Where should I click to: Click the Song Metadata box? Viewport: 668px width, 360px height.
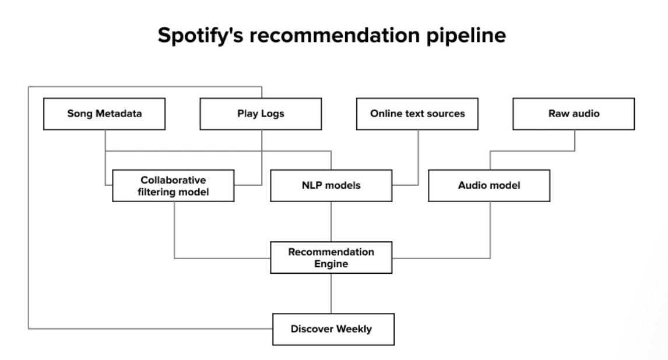(x=104, y=114)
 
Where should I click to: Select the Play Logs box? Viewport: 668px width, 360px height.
(x=261, y=114)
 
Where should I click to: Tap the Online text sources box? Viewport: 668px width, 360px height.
(x=417, y=114)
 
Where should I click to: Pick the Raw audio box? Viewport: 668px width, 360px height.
(x=574, y=114)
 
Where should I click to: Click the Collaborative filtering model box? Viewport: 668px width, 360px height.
(x=173, y=185)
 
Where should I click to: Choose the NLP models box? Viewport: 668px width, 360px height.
(x=331, y=185)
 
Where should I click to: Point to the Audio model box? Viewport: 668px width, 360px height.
(x=489, y=185)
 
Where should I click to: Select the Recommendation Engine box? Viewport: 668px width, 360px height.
(x=331, y=257)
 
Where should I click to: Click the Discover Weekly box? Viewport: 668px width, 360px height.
(x=333, y=329)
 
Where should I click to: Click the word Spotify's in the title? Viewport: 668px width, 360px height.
(x=201, y=36)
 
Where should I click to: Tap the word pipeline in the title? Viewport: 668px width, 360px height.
(x=466, y=36)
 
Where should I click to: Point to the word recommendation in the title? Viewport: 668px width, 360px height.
(x=335, y=35)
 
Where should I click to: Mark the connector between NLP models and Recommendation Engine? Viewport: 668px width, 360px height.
(x=331, y=222)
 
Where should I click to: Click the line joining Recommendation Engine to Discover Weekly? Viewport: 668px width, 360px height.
(x=331, y=294)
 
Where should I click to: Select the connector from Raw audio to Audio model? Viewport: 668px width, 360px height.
(x=532, y=151)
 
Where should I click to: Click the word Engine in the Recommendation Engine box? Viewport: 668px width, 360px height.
(x=331, y=264)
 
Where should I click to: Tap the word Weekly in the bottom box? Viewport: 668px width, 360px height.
(x=354, y=329)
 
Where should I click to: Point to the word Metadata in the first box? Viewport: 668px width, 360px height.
(x=119, y=114)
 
